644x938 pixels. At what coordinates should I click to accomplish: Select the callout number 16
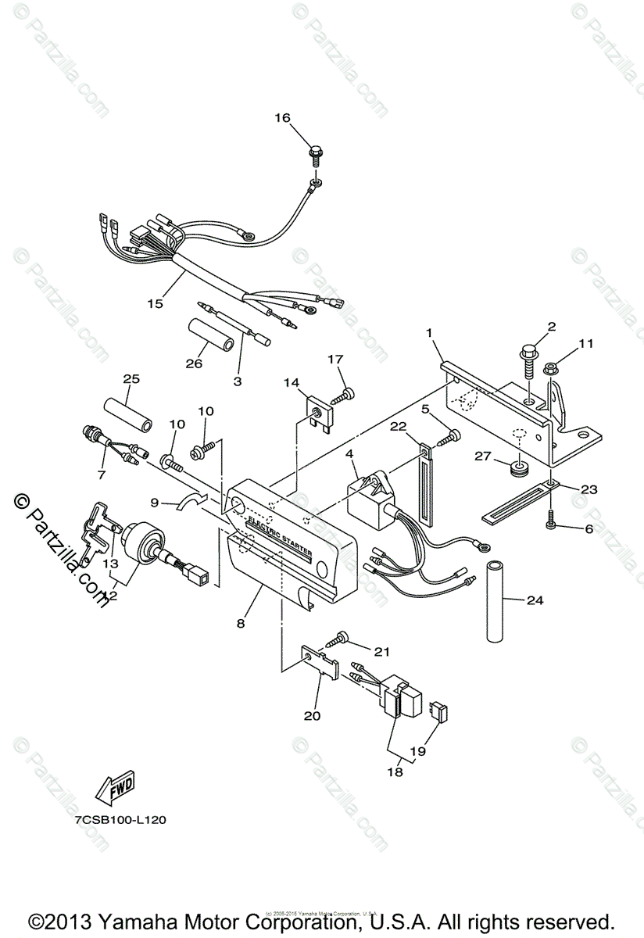281,118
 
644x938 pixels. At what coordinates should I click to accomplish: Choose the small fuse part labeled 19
442,711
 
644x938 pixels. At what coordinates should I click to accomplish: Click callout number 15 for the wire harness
156,303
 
